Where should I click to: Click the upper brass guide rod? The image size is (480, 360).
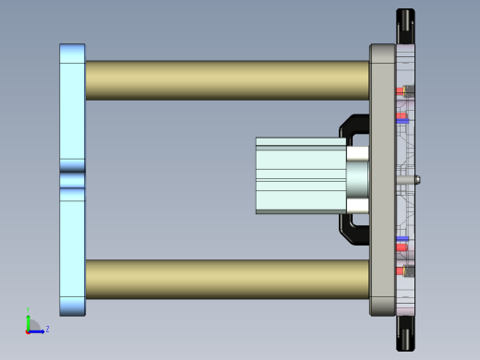click(x=226, y=80)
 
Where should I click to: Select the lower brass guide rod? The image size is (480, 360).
click(x=226, y=279)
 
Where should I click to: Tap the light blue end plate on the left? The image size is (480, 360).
click(x=72, y=111)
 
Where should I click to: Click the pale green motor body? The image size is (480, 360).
click(x=300, y=175)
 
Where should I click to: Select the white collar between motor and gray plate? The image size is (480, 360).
click(x=357, y=175)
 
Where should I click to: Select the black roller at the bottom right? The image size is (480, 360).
click(x=405, y=333)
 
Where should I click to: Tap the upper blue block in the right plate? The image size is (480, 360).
click(x=402, y=120)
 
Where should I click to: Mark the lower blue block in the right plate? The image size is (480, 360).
click(x=402, y=240)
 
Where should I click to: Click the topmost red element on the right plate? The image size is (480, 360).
click(x=400, y=90)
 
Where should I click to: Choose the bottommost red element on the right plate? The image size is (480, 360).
click(x=400, y=271)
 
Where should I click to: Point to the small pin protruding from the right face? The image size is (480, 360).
click(x=417, y=180)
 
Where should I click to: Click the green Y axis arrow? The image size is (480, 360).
click(x=28, y=318)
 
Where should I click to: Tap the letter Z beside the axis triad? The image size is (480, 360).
click(x=47, y=329)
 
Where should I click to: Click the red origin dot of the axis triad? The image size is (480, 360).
click(x=28, y=330)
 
